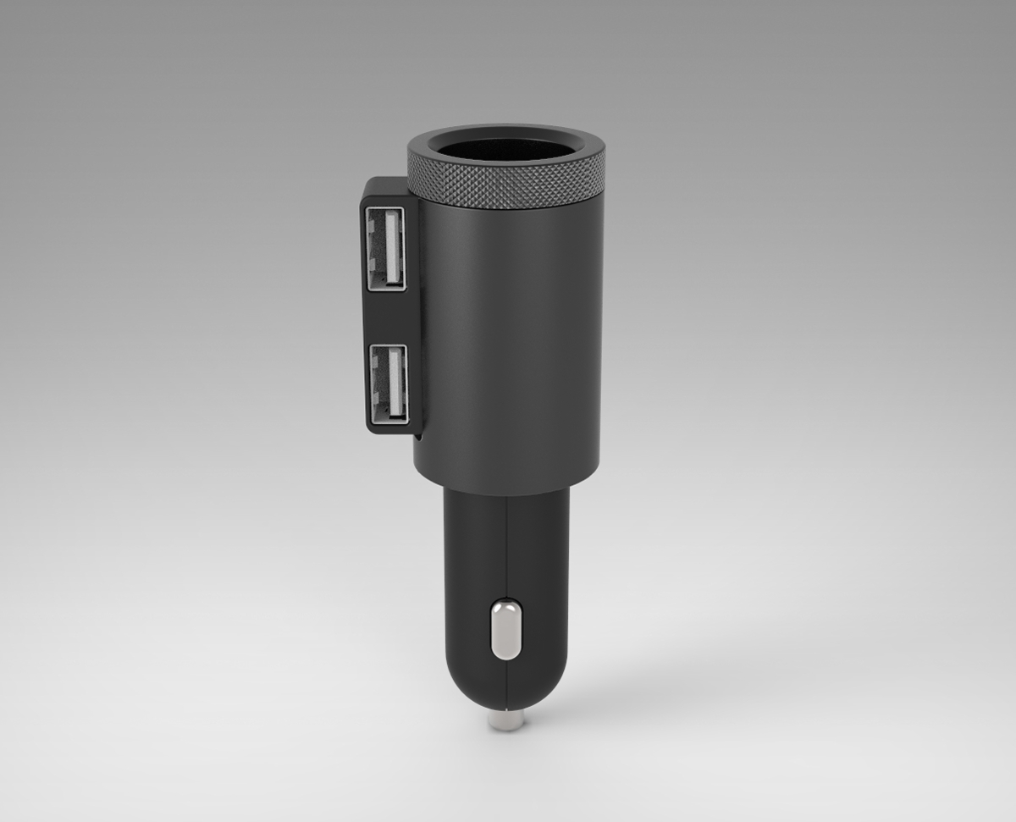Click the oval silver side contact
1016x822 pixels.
[x=505, y=629]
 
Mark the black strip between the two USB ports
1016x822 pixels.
[x=387, y=317]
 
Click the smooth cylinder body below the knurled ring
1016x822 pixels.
[x=508, y=339]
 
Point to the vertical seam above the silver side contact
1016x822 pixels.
[x=506, y=542]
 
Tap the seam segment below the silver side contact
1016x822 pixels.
[x=506, y=681]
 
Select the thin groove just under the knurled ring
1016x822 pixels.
[x=506, y=206]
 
